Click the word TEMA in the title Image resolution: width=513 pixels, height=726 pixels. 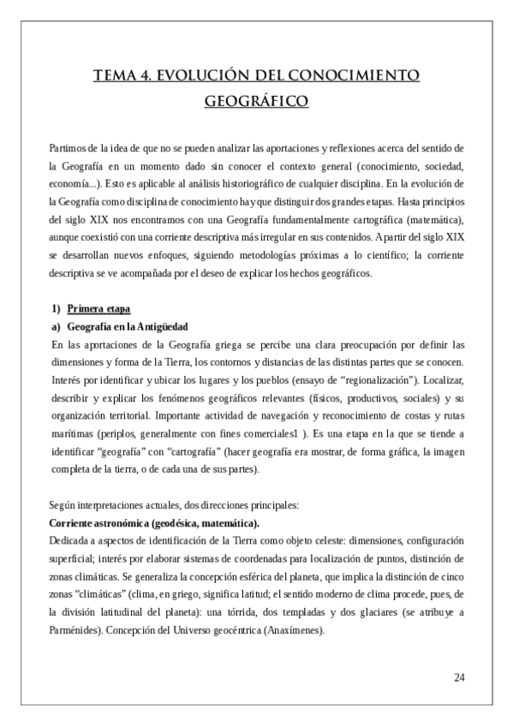coord(116,75)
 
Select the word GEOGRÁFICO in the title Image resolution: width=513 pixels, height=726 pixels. coord(256,101)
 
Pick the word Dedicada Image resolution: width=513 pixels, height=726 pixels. coord(73,541)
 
